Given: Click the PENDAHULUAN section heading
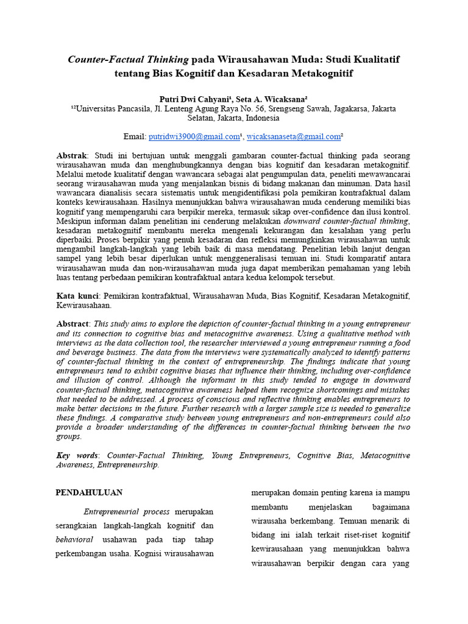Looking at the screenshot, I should [x=90, y=492].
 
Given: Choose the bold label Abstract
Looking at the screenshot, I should [x=73, y=324].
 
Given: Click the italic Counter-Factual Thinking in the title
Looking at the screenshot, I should [x=128, y=60].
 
